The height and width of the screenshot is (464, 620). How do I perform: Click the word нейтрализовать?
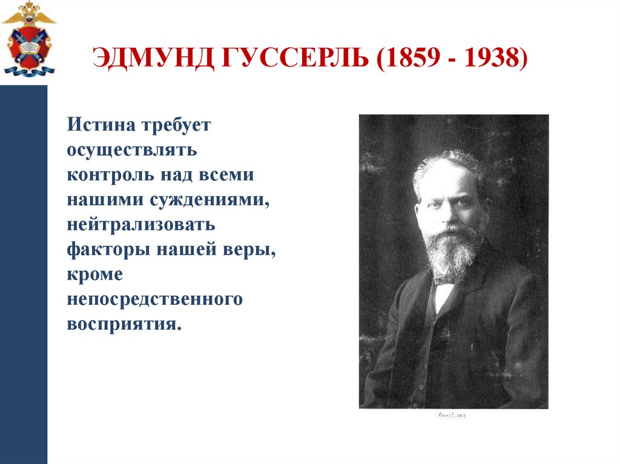click(140, 225)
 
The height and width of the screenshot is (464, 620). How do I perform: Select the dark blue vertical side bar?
click(24, 272)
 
